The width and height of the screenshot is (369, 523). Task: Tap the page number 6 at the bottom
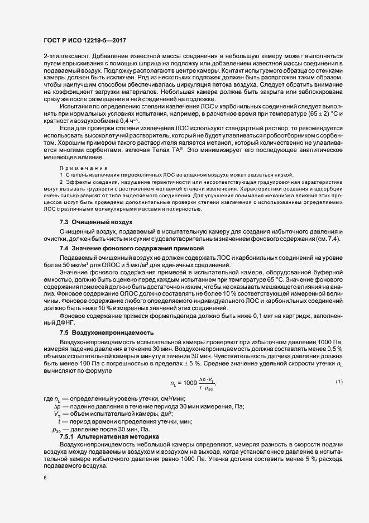tap(44, 478)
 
